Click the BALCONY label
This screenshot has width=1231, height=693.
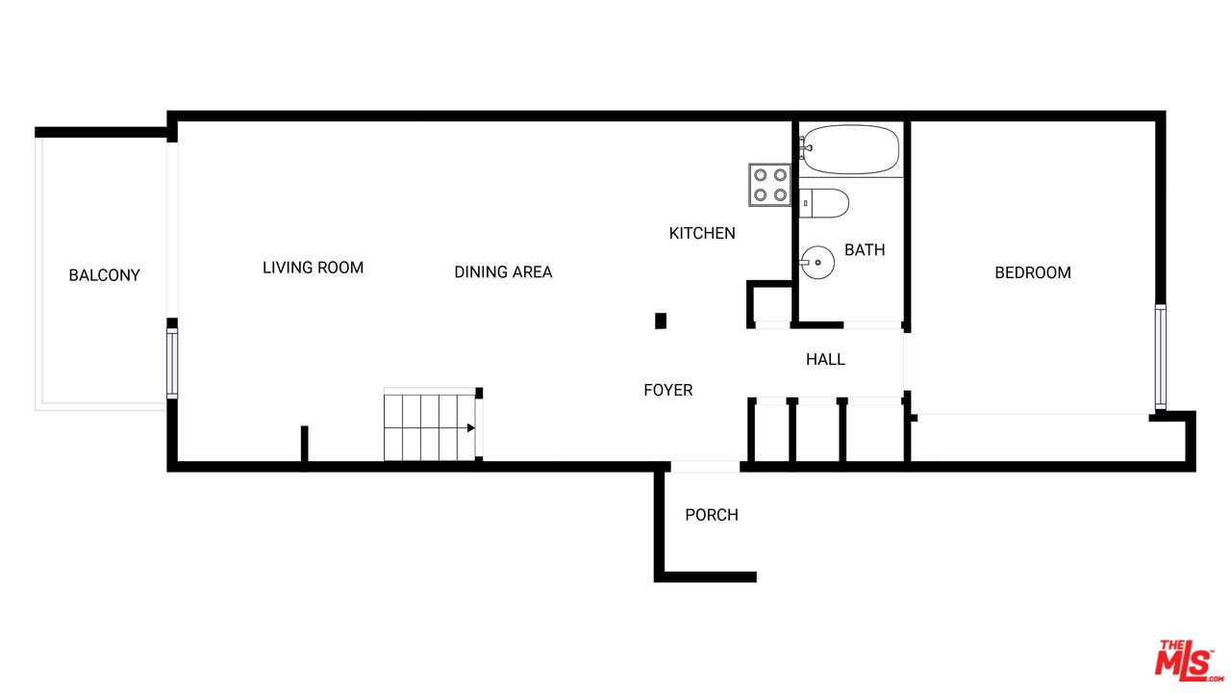tap(104, 275)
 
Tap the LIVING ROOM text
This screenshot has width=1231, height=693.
tap(313, 268)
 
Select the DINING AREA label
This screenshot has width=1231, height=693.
tap(503, 271)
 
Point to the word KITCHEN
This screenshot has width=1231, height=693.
tap(702, 233)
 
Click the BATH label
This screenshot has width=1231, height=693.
tap(865, 249)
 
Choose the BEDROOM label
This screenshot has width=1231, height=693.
tap(1033, 272)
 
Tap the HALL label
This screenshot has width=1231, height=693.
tap(825, 359)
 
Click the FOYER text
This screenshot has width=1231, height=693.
tap(667, 390)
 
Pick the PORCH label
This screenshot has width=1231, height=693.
tap(711, 515)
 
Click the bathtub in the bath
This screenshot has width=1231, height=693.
tap(849, 149)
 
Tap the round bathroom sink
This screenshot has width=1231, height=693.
tap(817, 263)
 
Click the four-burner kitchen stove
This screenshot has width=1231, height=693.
tap(770, 185)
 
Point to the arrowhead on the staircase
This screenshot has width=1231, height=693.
tap(471, 428)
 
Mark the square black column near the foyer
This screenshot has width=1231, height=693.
tap(661, 321)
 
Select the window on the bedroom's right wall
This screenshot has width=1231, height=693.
tap(1160, 357)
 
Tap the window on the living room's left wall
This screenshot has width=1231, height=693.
tap(172, 363)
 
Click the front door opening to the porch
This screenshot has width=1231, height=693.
tap(705, 467)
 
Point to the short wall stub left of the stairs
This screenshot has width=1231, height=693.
tap(305, 444)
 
